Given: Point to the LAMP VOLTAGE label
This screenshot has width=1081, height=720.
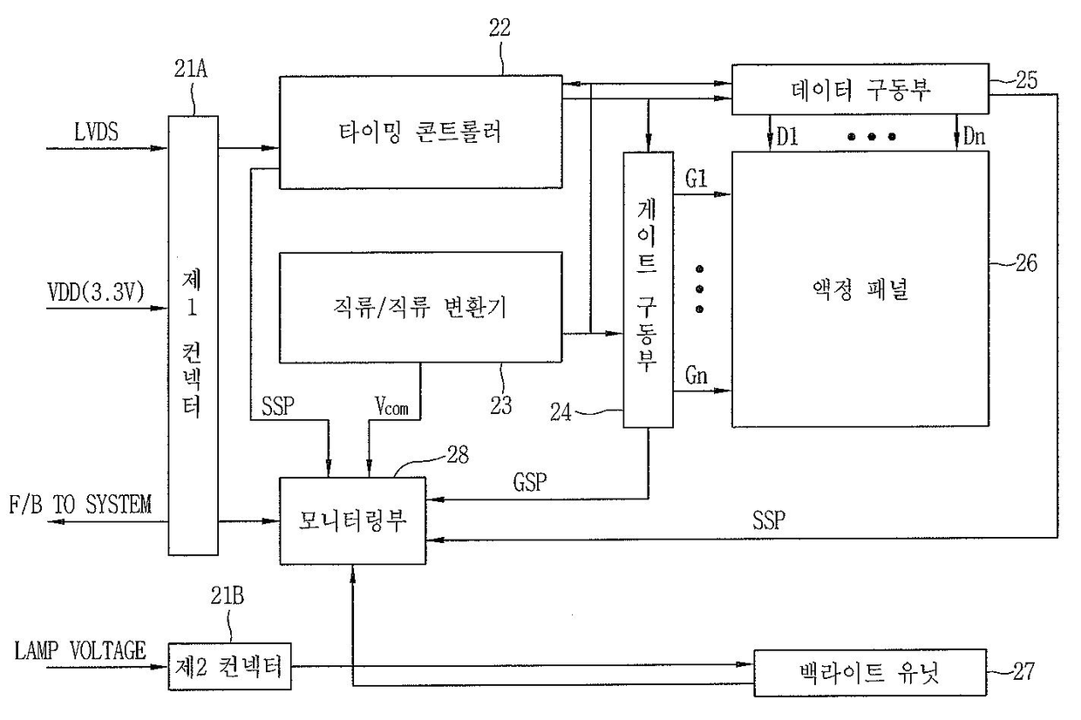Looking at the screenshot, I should pos(79,650).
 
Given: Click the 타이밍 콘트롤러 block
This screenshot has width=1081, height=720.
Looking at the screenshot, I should pos(419,132).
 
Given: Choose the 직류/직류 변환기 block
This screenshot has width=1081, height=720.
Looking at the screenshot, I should pos(420,308).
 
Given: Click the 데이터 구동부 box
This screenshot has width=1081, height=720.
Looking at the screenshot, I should pos(859,89).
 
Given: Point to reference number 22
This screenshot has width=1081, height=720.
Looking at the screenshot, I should pos(500,26).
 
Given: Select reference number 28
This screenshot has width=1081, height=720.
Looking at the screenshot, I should pos(456,453).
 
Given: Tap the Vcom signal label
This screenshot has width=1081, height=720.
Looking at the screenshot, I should pos(394,404).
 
